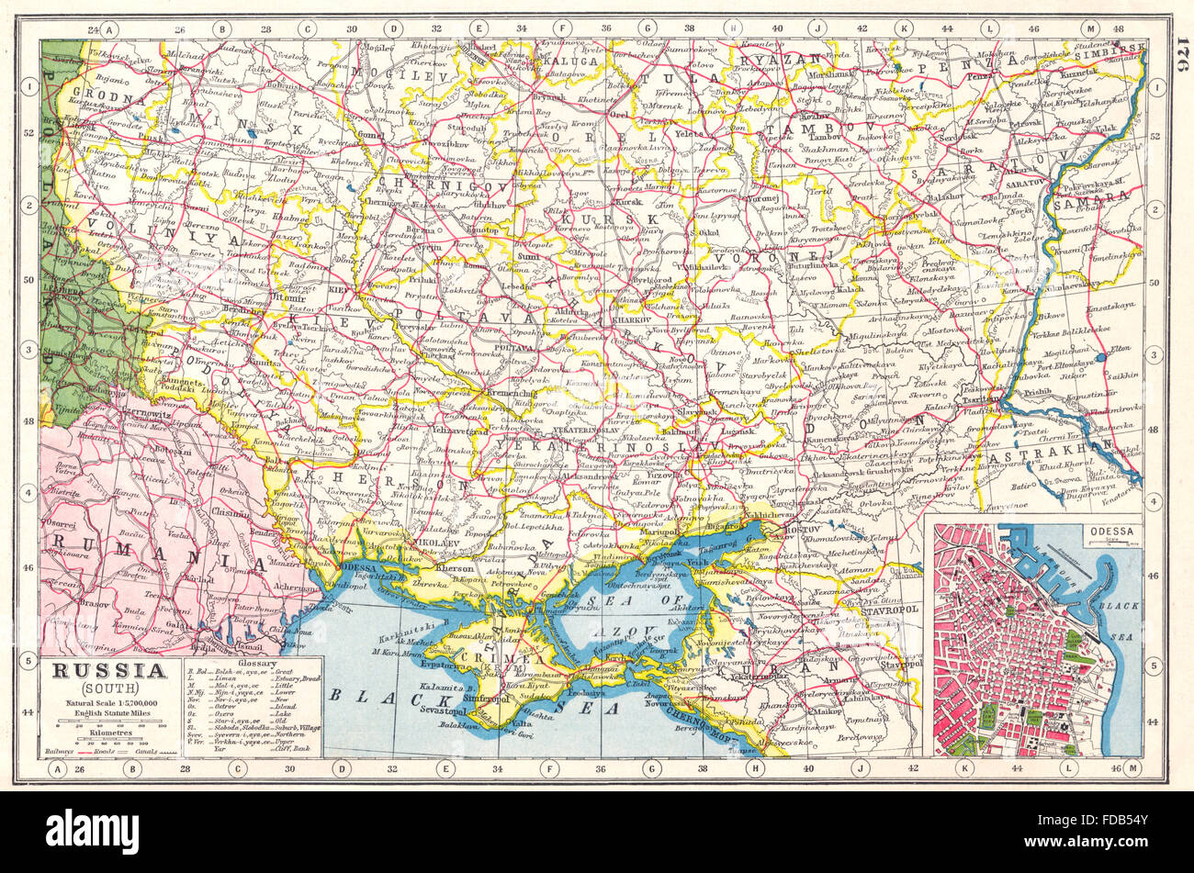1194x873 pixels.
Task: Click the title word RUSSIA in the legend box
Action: point(109,670)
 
